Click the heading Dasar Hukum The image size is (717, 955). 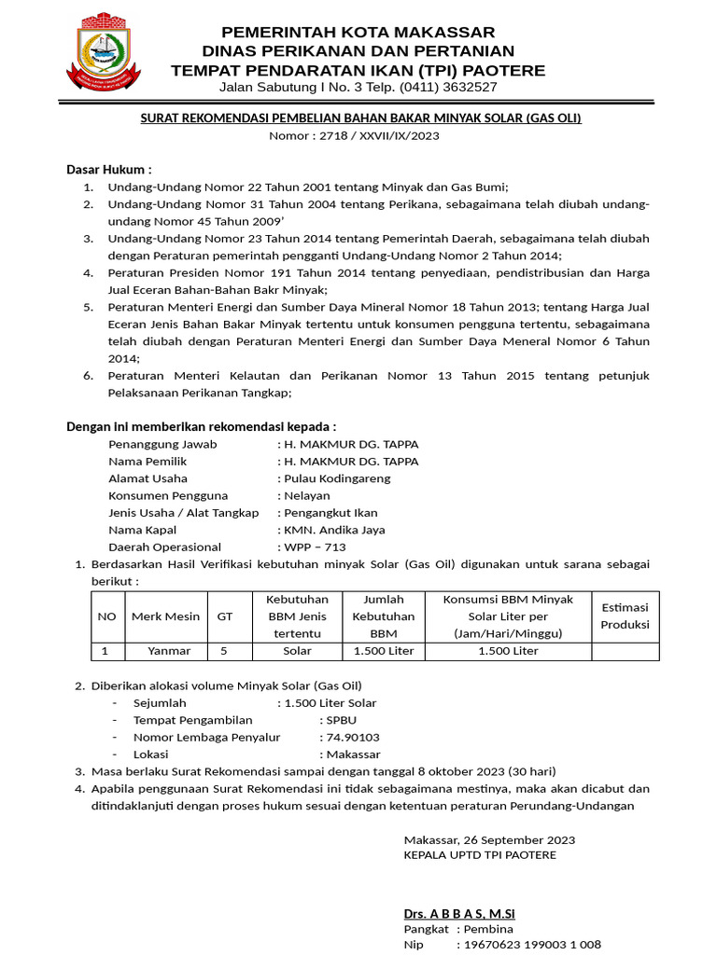(108, 169)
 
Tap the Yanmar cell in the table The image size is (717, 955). (169, 651)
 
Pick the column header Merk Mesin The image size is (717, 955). (165, 616)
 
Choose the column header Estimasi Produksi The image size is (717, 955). (625, 616)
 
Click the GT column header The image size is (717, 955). (224, 616)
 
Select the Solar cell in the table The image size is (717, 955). (297, 651)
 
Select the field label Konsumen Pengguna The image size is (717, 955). (168, 495)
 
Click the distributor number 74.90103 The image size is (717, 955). (352, 738)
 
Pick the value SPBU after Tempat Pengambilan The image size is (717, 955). (341, 720)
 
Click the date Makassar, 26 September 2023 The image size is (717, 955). (489, 838)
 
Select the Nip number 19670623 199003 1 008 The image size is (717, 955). (528, 945)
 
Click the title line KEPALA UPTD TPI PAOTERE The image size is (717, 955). (480, 854)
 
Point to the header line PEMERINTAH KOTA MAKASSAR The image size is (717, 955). (358, 33)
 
